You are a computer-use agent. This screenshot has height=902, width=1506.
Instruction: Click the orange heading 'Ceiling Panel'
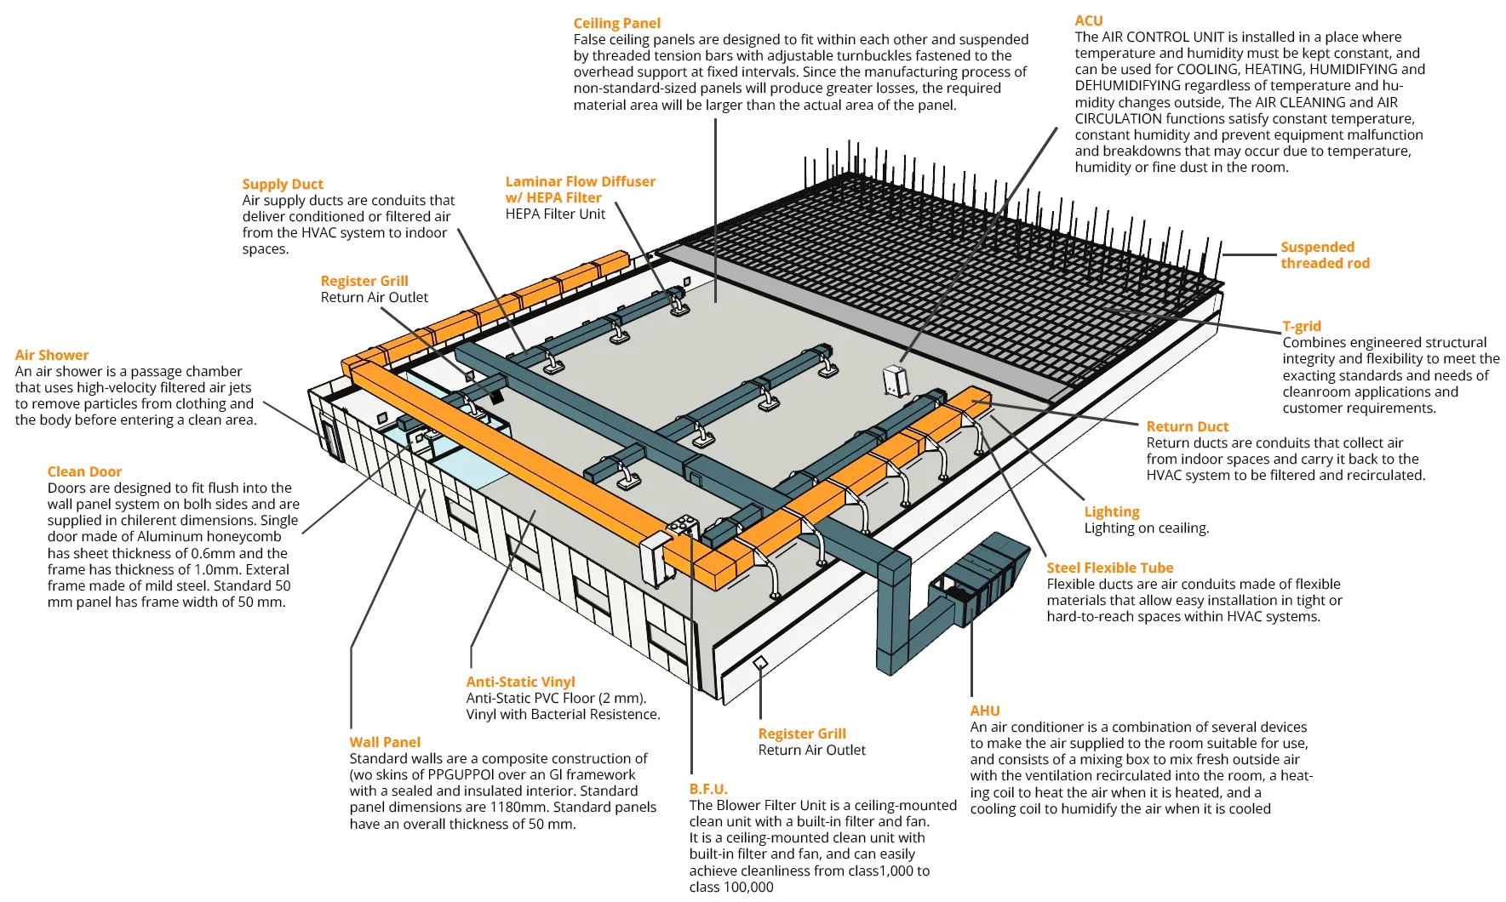pyautogui.click(x=616, y=23)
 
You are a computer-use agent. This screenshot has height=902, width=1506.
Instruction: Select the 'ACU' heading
pyautogui.click(x=1088, y=20)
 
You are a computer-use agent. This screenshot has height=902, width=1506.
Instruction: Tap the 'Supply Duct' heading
pyautogui.click(x=283, y=184)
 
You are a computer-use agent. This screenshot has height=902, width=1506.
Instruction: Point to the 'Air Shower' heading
pyautogui.click(x=52, y=355)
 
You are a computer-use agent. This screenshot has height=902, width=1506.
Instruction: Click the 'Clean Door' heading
pyautogui.click(x=84, y=471)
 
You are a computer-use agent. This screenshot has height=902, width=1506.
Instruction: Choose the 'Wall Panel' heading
pyautogui.click(x=385, y=742)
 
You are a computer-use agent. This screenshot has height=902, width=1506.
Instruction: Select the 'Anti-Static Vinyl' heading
pyautogui.click(x=520, y=682)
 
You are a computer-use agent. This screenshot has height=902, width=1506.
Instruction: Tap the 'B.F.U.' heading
pyautogui.click(x=708, y=789)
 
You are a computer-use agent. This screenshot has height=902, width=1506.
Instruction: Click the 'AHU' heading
pyautogui.click(x=985, y=711)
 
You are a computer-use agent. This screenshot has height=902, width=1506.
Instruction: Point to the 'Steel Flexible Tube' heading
pyautogui.click(x=1109, y=568)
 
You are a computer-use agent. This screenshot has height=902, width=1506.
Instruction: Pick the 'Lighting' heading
pyautogui.click(x=1112, y=511)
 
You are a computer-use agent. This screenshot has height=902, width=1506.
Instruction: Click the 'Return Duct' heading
pyautogui.click(x=1187, y=426)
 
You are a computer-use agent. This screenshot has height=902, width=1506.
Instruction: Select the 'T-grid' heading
pyautogui.click(x=1302, y=326)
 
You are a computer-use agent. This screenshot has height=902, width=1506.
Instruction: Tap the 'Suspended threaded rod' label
pyautogui.click(x=1324, y=255)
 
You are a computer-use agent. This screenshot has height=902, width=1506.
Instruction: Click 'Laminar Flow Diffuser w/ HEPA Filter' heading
pyautogui.click(x=580, y=189)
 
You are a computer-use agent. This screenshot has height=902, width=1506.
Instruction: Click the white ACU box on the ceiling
pyautogui.click(x=896, y=380)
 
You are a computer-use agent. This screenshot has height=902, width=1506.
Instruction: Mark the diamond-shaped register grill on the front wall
pyautogui.click(x=760, y=663)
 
